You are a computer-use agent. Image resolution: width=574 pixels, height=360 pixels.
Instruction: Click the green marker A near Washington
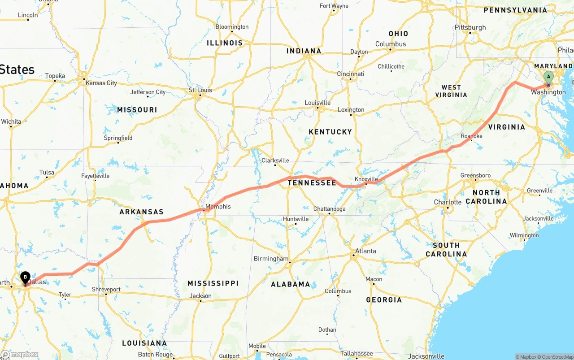tap(548, 77)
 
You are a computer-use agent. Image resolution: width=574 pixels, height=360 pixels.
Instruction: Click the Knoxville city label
tap(366, 179)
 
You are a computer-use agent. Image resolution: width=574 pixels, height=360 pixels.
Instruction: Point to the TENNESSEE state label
tap(312, 183)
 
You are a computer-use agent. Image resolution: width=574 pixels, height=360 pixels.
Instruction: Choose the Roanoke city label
tap(471, 136)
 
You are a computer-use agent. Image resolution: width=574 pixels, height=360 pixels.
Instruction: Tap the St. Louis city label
tap(200, 90)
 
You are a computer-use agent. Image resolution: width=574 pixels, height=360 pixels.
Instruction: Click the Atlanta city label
tap(365, 251)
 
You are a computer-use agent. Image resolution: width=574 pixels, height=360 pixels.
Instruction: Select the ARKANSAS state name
tap(141, 212)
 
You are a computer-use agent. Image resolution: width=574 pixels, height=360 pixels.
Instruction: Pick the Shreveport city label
tap(106, 289)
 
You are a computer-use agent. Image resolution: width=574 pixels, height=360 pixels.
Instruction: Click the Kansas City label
tap(101, 83)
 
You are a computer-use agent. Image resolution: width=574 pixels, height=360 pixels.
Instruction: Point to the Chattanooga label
tap(329, 208)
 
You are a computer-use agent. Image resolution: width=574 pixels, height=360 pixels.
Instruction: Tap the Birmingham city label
tap(271, 259)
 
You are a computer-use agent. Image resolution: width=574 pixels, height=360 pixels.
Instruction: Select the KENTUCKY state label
tap(330, 132)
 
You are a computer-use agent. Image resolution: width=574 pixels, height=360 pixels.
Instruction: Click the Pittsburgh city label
tap(470, 27)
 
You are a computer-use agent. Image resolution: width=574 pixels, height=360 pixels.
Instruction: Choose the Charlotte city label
tap(448, 202)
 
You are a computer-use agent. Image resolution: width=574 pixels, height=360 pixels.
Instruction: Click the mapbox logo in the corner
tap(20, 354)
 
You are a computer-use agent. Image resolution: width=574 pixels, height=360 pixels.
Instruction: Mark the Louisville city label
tap(317, 103)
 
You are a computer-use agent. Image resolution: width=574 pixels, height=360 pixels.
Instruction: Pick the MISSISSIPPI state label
tap(213, 283)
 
